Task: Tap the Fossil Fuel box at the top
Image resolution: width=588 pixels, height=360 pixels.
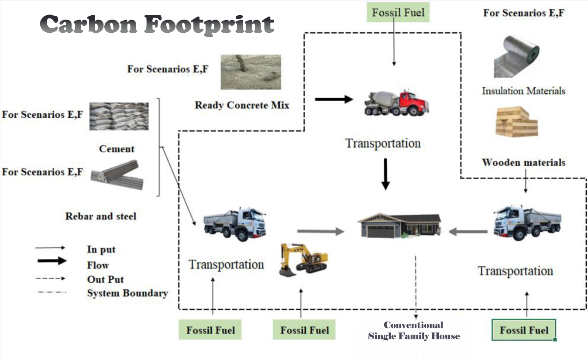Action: (x=398, y=12)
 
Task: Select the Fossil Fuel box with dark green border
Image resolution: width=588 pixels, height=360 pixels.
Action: (x=524, y=330)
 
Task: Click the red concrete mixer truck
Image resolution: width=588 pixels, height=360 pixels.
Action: (x=396, y=103)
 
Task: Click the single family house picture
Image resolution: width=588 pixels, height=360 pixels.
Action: (x=399, y=225)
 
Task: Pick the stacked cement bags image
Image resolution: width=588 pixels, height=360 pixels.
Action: (x=119, y=116)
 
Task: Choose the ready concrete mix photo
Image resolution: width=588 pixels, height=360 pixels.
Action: (x=251, y=72)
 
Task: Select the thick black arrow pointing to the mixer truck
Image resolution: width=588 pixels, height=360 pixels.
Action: (x=334, y=99)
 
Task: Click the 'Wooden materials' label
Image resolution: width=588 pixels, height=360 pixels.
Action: (x=523, y=162)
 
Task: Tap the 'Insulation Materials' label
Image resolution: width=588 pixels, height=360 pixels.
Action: (x=523, y=91)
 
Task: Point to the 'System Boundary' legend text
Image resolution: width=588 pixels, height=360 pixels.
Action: (x=127, y=293)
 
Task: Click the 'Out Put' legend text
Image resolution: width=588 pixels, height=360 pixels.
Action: (x=105, y=279)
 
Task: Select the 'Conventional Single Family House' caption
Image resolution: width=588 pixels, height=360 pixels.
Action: (x=414, y=330)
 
